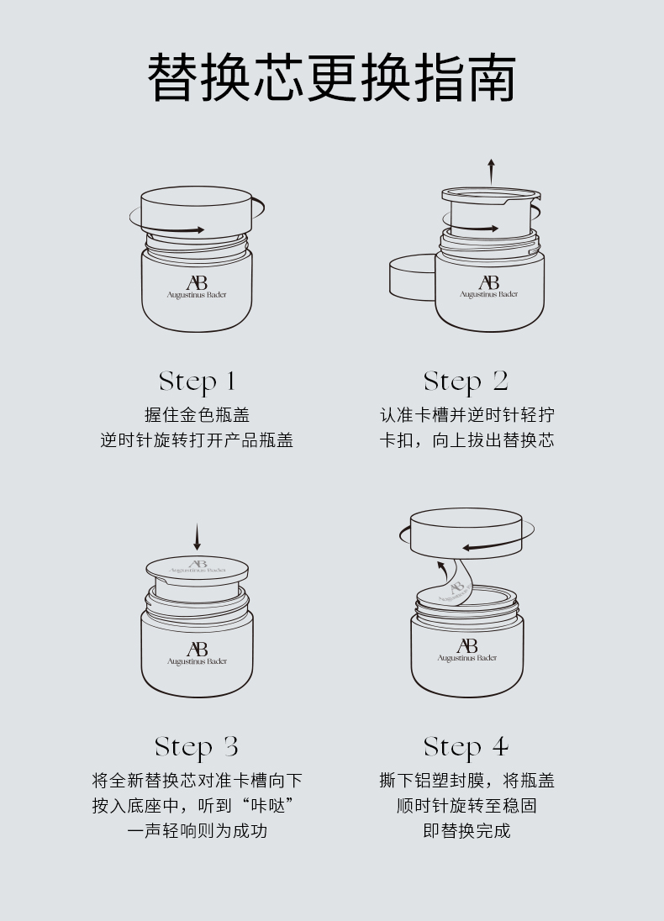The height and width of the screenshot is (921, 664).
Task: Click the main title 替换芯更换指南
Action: pos(332,77)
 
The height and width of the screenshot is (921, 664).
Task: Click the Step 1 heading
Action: pos(198,382)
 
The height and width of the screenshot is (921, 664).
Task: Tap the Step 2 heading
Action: pos(466,382)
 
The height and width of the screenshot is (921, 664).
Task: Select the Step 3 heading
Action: pos(197,747)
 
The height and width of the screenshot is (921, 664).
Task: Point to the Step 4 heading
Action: pos(466,747)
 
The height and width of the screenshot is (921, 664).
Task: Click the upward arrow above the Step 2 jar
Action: pos(491,171)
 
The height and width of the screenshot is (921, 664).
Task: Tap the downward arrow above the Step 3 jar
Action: pos(197,538)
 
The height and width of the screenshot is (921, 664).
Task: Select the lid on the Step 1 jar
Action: pos(197,212)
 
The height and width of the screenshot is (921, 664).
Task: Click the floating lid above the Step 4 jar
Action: pos(466,533)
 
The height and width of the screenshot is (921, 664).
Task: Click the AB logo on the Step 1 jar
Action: pos(197,282)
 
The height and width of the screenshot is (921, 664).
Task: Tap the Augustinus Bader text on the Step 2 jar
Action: pos(489,294)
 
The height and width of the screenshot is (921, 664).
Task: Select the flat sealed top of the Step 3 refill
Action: pos(197,567)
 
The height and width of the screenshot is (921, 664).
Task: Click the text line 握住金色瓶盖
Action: pos(198,414)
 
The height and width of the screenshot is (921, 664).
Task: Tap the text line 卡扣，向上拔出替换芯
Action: pos(466,440)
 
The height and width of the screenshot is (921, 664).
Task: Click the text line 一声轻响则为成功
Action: pos(198,830)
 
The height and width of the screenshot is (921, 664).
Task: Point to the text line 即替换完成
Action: pos(466,830)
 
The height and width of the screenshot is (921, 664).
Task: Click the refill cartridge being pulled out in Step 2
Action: pos(490,213)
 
